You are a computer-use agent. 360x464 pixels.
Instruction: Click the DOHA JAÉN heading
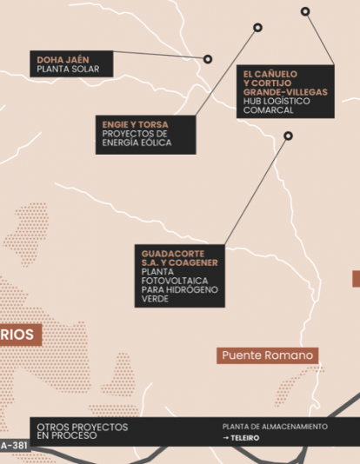coord(62,60)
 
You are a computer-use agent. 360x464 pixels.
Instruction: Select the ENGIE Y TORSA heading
coord(135,124)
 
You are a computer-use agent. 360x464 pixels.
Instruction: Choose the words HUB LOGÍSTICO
coord(276,101)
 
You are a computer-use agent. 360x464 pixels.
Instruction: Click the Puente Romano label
coord(267,355)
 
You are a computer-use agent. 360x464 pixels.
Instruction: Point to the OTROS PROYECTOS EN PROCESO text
coord(82,431)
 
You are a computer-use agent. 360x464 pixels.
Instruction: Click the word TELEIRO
coord(246,439)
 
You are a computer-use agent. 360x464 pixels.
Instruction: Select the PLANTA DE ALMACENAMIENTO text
coord(275,427)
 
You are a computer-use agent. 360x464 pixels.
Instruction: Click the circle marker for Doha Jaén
coord(208,59)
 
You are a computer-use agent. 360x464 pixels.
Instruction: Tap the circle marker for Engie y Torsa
coord(257,28)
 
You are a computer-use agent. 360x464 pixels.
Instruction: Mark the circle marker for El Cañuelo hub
coord(305,12)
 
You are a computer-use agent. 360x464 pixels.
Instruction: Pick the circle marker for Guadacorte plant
coord(288,136)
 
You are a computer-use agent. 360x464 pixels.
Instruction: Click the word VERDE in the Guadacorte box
coord(155,299)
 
